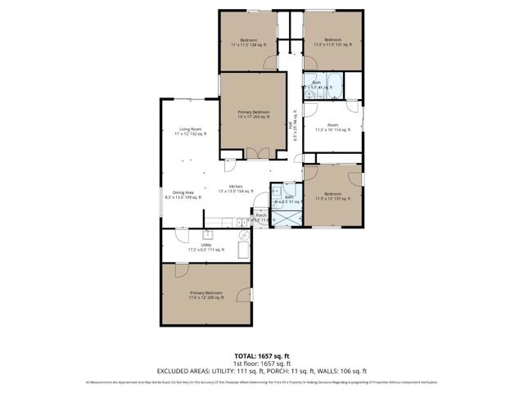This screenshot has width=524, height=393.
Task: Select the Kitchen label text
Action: click(236, 187)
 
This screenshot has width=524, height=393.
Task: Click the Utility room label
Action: click(206, 246)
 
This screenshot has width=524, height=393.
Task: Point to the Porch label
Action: click(261, 217)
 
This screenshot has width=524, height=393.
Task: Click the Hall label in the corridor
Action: click(293, 125)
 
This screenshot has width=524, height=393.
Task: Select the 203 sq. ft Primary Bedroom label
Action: click(254, 114)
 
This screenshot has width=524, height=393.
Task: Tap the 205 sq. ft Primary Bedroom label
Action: click(206, 295)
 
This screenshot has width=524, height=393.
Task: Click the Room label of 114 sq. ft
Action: click(332, 127)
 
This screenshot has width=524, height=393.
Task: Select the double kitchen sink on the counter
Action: click(243, 222)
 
